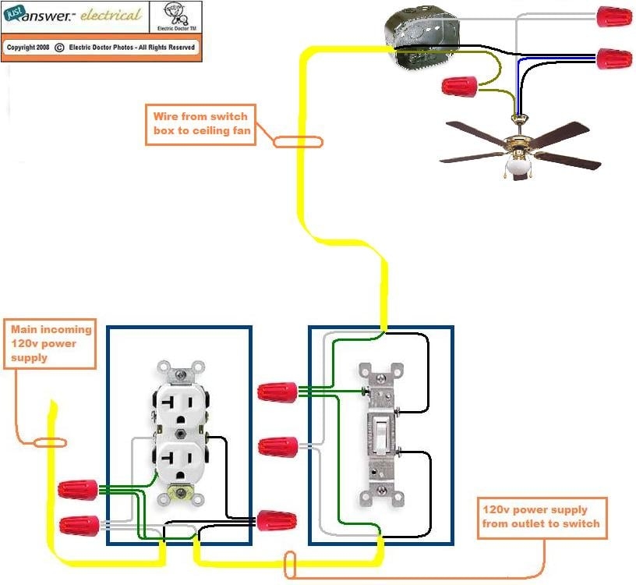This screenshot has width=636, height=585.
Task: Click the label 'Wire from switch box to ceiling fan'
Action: tap(200, 123)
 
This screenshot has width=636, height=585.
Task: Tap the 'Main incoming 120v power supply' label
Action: tap(51, 343)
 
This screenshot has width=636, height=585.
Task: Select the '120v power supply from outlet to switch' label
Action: tap(541, 516)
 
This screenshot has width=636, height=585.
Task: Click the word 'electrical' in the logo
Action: tap(111, 15)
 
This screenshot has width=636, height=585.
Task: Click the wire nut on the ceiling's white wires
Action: tap(613, 16)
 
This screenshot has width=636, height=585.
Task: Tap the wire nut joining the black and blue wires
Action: tap(613, 58)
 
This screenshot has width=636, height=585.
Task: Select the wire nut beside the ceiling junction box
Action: tap(459, 87)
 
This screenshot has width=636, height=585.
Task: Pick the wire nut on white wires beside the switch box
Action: tap(277, 446)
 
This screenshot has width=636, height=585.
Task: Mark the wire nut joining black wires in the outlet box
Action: tap(277, 520)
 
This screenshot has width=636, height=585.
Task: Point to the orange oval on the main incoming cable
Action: tap(50, 442)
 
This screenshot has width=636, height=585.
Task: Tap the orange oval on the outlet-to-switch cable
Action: tap(290, 565)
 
